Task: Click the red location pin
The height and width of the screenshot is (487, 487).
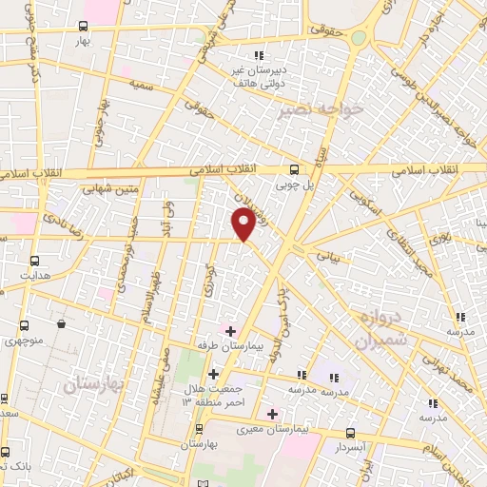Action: tap(243, 224)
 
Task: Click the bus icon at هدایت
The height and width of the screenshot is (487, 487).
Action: tap(36, 260)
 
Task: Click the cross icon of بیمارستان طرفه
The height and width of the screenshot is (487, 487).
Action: tap(231, 331)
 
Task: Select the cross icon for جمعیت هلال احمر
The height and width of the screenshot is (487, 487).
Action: tap(214, 374)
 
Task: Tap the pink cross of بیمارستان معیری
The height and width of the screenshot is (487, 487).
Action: tap(272, 413)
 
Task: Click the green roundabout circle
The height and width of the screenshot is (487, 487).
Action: tap(359, 38)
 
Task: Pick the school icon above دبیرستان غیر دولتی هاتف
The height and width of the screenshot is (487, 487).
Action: tap(258, 54)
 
